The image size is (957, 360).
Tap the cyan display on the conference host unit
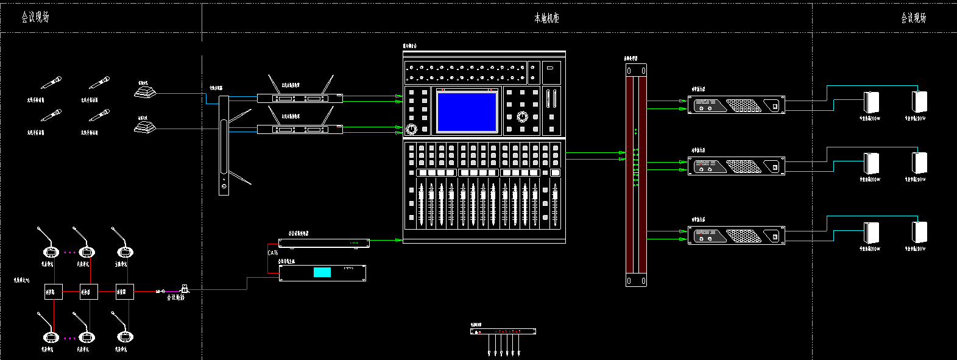click(x=322, y=272)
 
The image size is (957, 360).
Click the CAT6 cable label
click(x=272, y=253)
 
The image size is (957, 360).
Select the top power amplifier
click(x=736, y=105)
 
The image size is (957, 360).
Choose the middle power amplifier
click(x=736, y=166)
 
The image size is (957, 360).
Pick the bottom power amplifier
click(x=736, y=235)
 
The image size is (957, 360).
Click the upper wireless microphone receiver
click(x=299, y=98)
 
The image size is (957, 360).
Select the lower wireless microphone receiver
click(x=299, y=129)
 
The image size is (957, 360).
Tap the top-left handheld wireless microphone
click(x=51, y=83)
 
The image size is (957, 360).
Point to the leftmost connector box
click(x=53, y=292)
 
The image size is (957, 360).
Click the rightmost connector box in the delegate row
click(x=124, y=292)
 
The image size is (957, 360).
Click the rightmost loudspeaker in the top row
click(x=919, y=101)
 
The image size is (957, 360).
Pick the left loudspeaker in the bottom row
click(x=872, y=233)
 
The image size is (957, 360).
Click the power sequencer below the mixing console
click(x=503, y=331)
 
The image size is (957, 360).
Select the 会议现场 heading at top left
click(x=35, y=17)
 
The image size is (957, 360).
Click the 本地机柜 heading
click(x=546, y=18)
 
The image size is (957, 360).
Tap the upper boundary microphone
click(x=146, y=92)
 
